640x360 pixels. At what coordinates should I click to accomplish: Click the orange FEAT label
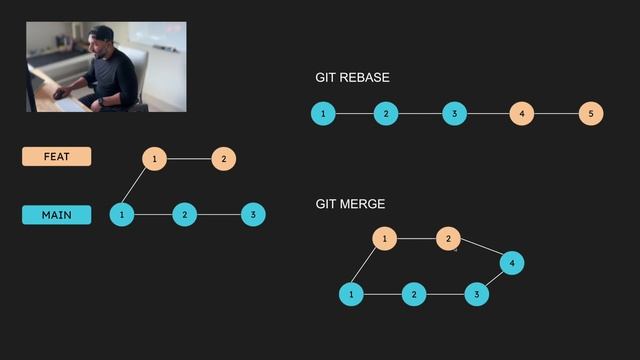tap(56, 157)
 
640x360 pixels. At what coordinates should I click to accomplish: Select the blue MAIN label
tap(56, 215)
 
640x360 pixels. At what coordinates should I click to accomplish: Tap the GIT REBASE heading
tap(352, 78)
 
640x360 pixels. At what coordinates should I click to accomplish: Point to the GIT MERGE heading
tap(350, 204)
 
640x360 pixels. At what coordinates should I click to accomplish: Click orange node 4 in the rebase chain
tap(521, 114)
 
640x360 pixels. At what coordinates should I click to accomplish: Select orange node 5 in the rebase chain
tap(590, 114)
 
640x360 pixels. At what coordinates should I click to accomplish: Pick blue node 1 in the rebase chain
tap(323, 114)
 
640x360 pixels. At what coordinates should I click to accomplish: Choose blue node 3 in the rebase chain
tap(454, 114)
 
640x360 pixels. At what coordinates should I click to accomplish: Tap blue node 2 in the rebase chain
tap(386, 114)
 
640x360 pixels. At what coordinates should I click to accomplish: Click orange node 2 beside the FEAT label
tap(224, 159)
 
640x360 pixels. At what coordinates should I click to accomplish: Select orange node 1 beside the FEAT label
tap(154, 159)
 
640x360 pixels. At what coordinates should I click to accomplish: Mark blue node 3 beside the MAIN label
tap(253, 214)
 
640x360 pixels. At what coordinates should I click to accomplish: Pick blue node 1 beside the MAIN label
tap(121, 214)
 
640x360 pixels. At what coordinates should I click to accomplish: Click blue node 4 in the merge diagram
tap(511, 263)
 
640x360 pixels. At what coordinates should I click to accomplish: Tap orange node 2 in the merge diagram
tap(448, 239)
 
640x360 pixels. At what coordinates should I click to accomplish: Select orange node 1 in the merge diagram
tap(384, 239)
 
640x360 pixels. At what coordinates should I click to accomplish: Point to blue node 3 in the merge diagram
tap(477, 294)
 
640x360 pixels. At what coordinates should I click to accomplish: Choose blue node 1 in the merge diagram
tap(351, 294)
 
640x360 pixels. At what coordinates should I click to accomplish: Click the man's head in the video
tap(103, 43)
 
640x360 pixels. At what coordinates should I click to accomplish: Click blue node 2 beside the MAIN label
tap(184, 214)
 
